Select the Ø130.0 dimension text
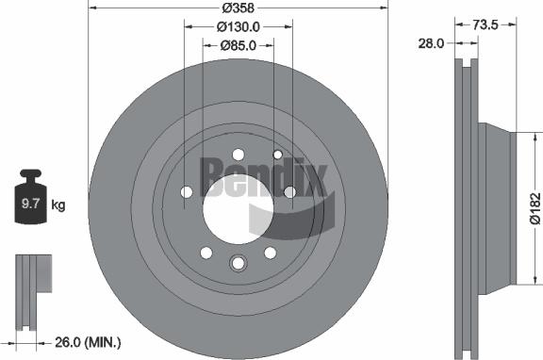(239, 27)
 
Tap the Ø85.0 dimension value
(239, 44)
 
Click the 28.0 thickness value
(433, 41)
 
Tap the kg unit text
(58, 205)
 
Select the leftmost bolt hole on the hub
(186, 193)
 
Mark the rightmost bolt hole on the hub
(289, 192)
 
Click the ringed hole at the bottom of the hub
(238, 264)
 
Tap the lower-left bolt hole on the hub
(206, 253)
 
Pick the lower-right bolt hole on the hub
(271, 253)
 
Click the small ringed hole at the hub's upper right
(277, 154)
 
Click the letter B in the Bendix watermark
(212, 175)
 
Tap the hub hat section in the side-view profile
(498, 203)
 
